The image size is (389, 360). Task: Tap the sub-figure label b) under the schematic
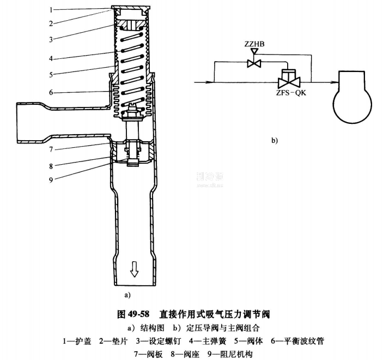point(274,140)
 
